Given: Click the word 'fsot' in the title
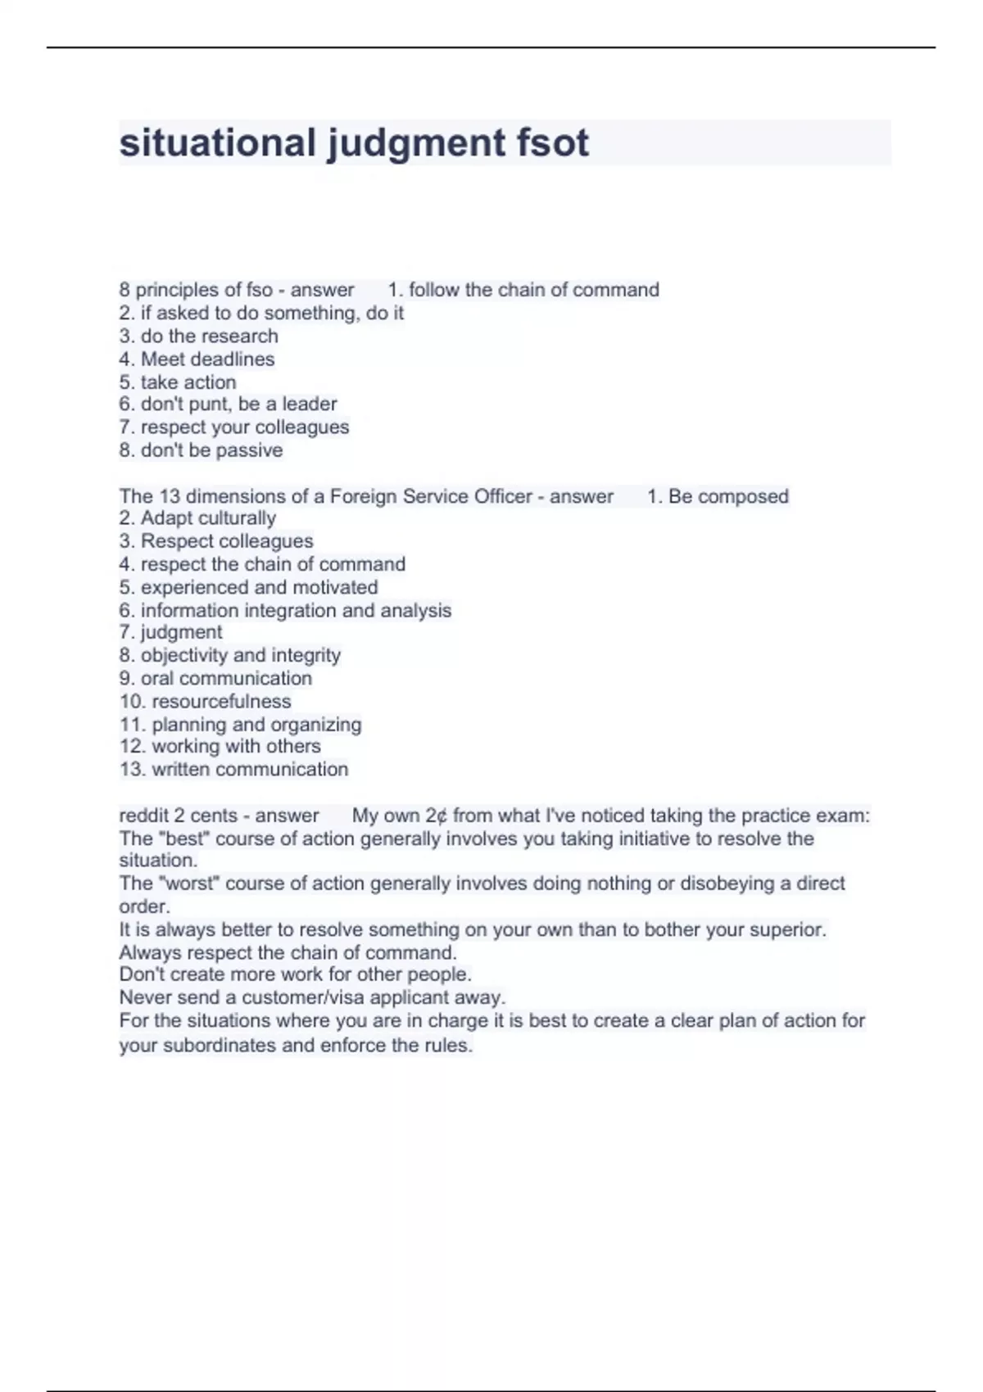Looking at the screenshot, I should coord(552,142).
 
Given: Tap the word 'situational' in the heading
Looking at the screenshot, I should coord(217,142).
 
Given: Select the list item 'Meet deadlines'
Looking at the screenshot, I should coord(207,359).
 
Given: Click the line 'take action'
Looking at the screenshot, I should coord(188,382).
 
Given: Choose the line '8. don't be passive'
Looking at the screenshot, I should coord(201,450).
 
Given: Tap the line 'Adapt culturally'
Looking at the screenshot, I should coord(207,518).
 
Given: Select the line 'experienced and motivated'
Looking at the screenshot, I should coord(259,587).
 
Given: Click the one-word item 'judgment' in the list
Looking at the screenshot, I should coord(181,632).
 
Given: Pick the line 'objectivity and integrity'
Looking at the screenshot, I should coord(240,655).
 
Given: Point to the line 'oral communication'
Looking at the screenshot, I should coord(226,678).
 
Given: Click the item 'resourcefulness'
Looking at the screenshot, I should coord(221,701).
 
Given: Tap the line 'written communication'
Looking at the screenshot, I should coord(250,770).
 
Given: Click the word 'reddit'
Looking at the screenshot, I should coord(144,816).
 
